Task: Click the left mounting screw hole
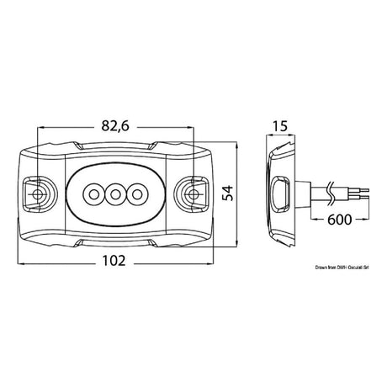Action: coord(38,195)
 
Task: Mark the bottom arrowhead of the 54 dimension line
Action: coord(237,246)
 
